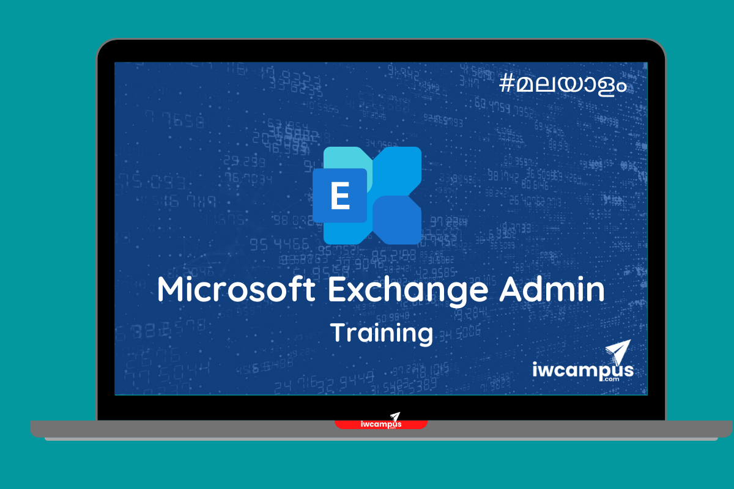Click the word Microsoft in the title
click(x=236, y=289)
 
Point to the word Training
click(x=382, y=333)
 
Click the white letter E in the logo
click(x=340, y=196)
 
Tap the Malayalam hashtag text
click(x=563, y=85)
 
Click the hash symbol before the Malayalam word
click(x=506, y=83)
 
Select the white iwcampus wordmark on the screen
click(x=583, y=370)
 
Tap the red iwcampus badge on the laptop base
click(x=381, y=424)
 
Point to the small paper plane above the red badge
click(x=396, y=416)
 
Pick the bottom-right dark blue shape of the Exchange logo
click(x=398, y=220)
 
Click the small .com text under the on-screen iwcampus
click(x=612, y=379)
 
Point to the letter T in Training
click(x=340, y=332)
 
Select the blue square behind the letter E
click(x=340, y=196)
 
